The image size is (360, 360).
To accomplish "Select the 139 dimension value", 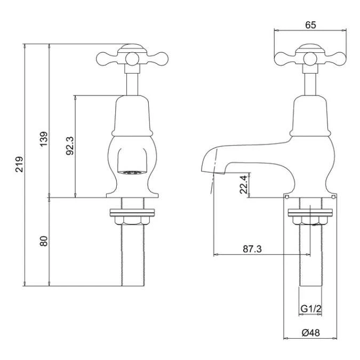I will coord(44,138).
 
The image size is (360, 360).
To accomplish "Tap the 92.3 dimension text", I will coord(69,146).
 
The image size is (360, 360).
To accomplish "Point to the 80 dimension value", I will coord(44,241).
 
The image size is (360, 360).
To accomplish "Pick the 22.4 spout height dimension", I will coord(243,185).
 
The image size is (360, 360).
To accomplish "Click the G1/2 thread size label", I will coord(310,309).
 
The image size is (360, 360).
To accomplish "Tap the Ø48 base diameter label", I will coord(310,332).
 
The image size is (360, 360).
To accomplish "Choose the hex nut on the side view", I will coord(311,220).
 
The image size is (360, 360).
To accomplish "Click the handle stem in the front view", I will coord(132,83).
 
